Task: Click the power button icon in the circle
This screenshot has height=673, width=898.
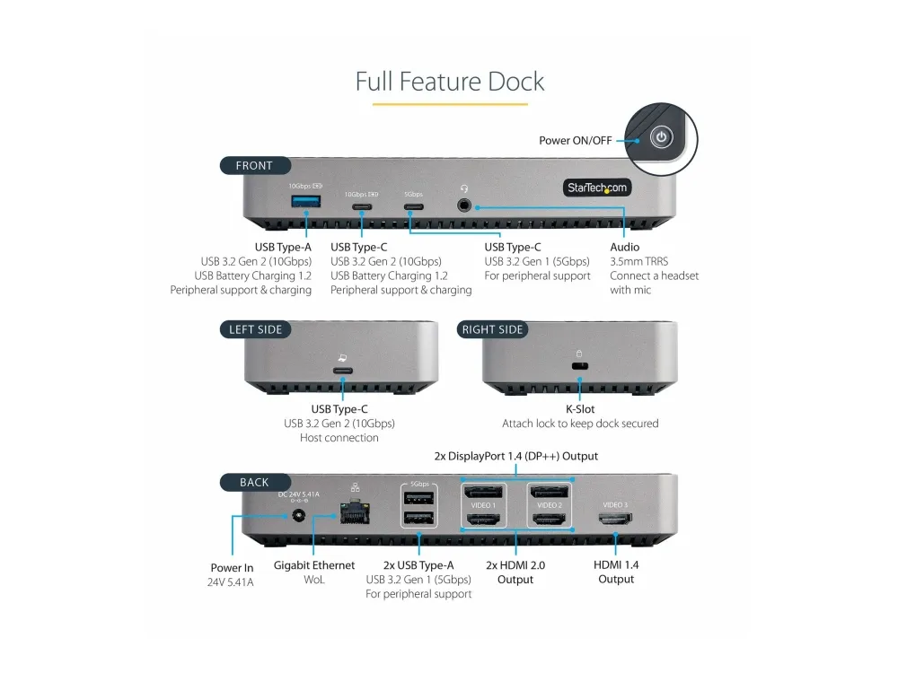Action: (662, 138)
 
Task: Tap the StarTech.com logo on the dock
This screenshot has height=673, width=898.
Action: (597, 188)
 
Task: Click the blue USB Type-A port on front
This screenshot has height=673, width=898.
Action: (299, 200)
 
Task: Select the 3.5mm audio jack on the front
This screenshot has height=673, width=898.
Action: (464, 205)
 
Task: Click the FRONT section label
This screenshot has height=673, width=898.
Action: (254, 165)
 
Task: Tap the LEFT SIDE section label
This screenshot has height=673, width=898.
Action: (256, 329)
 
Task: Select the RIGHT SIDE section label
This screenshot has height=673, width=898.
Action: (492, 329)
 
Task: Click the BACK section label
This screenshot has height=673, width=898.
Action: (254, 482)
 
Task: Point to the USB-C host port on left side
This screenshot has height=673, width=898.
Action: (342, 371)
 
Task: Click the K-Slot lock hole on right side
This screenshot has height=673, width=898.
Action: (579, 367)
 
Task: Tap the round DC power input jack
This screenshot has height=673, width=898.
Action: (296, 517)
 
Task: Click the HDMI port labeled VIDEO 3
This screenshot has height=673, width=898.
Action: (615, 519)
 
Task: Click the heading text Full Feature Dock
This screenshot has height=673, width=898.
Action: (449, 82)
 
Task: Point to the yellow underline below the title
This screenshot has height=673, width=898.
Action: (449, 105)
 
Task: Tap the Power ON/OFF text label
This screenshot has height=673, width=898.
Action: (575, 141)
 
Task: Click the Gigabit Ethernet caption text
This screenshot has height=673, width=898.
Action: (313, 565)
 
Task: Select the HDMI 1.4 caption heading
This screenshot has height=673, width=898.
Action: (616, 564)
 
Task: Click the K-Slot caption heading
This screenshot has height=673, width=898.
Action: (579, 409)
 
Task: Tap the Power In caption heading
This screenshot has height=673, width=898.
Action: (231, 567)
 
